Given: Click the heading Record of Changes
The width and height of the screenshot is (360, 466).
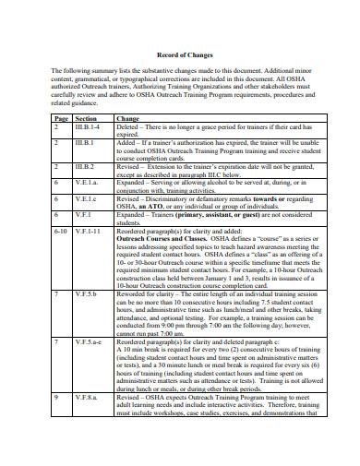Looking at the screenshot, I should click(179, 55).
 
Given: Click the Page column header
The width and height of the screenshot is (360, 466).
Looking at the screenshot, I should click(61, 119).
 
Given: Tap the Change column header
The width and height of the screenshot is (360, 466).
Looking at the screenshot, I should click(127, 119).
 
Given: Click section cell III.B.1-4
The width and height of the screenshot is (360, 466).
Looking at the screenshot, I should click(89, 127).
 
